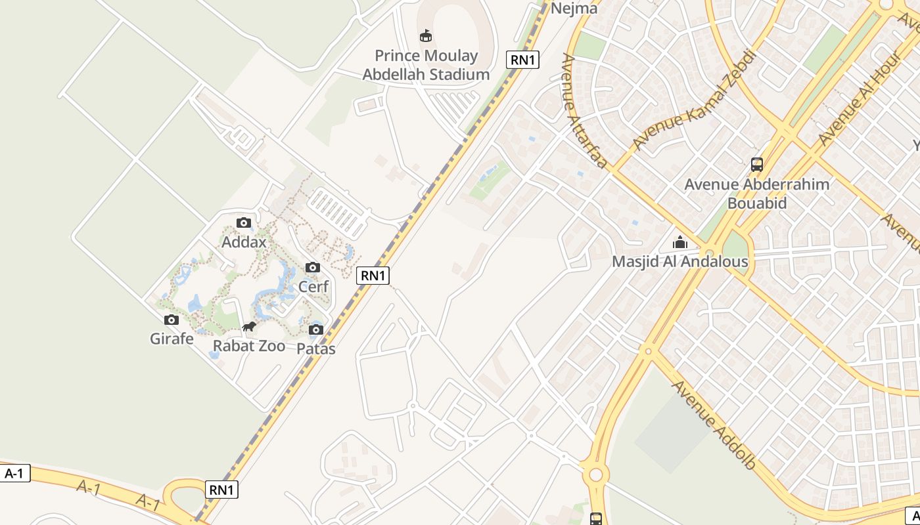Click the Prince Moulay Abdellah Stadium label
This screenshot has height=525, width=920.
point(426,65)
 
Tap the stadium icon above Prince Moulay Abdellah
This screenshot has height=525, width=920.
point(426,35)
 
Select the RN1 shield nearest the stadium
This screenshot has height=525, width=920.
point(523,60)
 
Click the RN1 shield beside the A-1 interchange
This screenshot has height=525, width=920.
point(222,490)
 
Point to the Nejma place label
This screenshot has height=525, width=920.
point(574,9)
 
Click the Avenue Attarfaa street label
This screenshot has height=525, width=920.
point(584,111)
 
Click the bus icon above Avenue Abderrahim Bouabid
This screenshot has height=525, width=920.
point(757,164)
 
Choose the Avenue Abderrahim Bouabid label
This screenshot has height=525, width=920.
point(757,193)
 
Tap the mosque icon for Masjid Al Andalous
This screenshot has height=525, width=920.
point(680,242)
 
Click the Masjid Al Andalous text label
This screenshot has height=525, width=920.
point(679,262)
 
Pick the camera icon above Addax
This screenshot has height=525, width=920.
point(244,222)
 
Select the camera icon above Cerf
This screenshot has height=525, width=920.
point(313,267)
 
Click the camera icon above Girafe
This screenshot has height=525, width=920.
point(172,320)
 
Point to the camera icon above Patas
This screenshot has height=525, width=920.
point(316,329)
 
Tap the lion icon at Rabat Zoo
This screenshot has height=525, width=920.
point(248,327)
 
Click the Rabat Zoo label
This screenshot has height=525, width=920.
point(249,346)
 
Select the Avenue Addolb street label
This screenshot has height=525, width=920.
point(713,424)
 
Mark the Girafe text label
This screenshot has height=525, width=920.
point(172,339)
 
